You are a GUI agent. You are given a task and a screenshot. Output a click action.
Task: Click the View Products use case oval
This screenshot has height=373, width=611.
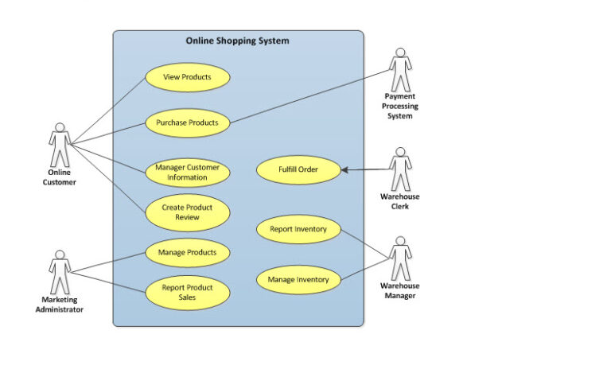pyautogui.click(x=188, y=77)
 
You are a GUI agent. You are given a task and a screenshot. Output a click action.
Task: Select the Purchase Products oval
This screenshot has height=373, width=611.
pyautogui.click(x=188, y=123)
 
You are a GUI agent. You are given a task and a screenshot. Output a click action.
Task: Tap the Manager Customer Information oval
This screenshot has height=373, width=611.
pyautogui.click(x=188, y=173)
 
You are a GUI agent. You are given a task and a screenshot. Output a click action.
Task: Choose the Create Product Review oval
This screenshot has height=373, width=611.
pyautogui.click(x=188, y=212)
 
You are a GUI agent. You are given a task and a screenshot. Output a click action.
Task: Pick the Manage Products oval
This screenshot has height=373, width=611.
pyautogui.click(x=188, y=253)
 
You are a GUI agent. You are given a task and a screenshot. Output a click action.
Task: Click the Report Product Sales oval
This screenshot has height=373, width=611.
pyautogui.click(x=188, y=293)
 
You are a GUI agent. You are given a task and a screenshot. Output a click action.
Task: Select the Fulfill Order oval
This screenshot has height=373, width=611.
pyautogui.click(x=298, y=169)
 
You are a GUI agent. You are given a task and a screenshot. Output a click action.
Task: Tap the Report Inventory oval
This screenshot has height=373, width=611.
pyautogui.click(x=298, y=230)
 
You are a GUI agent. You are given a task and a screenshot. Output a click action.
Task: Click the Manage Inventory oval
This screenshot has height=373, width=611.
pyautogui.click(x=298, y=279)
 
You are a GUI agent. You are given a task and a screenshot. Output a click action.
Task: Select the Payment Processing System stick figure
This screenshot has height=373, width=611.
pyautogui.click(x=399, y=68)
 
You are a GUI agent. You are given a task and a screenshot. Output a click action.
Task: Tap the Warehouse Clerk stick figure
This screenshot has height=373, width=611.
pyautogui.click(x=400, y=168)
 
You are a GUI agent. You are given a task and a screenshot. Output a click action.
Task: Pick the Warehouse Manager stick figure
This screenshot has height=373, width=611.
pyautogui.click(x=400, y=257)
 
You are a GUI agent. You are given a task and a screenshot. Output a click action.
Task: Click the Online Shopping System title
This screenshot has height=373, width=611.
pyautogui.click(x=237, y=41)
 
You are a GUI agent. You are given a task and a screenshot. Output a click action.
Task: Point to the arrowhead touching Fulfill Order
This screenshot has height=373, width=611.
pyautogui.click(x=345, y=169)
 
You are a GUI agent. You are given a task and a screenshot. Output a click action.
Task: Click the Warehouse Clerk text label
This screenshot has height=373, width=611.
pyautogui.click(x=400, y=201)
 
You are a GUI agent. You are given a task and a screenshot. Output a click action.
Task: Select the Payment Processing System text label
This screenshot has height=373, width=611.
pyautogui.click(x=400, y=106)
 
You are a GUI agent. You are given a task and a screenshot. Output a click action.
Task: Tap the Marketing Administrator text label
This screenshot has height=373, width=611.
pyautogui.click(x=60, y=305)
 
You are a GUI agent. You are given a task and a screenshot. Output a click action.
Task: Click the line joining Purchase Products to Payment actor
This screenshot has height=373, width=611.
pyautogui.click(x=310, y=96)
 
